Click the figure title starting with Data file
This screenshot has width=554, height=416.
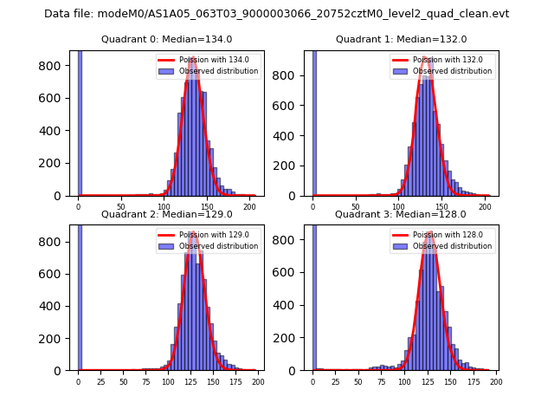276,14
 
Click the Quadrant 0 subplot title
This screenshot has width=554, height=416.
166,39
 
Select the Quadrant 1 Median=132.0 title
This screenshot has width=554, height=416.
401,39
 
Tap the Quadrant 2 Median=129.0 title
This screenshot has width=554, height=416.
166,214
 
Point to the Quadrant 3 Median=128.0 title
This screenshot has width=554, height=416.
401,214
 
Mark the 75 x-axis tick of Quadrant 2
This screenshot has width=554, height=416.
145,381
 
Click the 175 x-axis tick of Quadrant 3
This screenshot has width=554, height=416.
473,381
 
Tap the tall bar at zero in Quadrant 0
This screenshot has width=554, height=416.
80,121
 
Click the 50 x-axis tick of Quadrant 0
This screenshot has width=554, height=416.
120,206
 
